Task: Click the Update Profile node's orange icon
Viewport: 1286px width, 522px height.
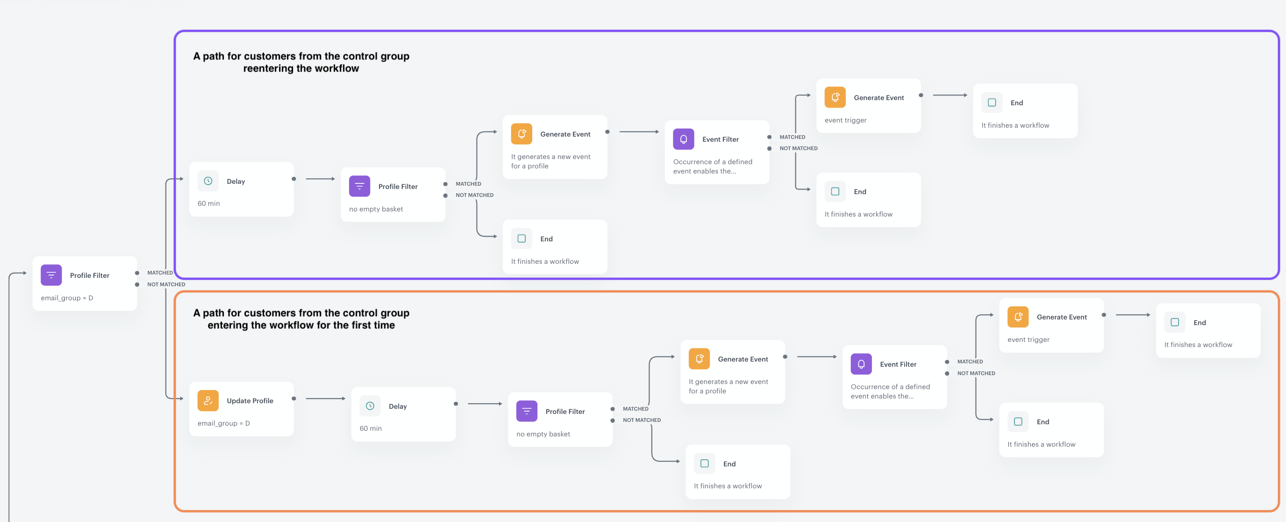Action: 207,400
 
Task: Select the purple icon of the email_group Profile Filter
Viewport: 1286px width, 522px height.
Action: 51,275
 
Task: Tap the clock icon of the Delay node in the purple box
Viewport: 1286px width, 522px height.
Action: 207,181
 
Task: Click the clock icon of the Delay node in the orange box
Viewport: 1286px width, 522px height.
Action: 370,406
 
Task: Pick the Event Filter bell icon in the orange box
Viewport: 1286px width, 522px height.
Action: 861,363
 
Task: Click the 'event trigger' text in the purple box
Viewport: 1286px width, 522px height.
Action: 845,120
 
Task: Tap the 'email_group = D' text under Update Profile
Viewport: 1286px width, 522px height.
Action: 223,423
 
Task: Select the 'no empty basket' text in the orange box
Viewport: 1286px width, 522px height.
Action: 543,434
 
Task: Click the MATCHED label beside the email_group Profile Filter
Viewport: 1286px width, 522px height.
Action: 160,273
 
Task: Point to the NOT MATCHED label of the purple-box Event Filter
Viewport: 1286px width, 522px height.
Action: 798,148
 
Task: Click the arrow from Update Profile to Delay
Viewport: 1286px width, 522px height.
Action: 324,398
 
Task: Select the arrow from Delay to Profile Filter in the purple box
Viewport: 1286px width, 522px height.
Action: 320,179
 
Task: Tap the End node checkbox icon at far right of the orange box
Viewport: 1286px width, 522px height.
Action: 1174,322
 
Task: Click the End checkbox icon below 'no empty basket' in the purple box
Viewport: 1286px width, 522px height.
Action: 521,238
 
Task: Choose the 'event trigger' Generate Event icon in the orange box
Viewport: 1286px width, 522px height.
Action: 1017,317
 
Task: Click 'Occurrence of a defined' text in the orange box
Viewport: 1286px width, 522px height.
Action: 890,387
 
